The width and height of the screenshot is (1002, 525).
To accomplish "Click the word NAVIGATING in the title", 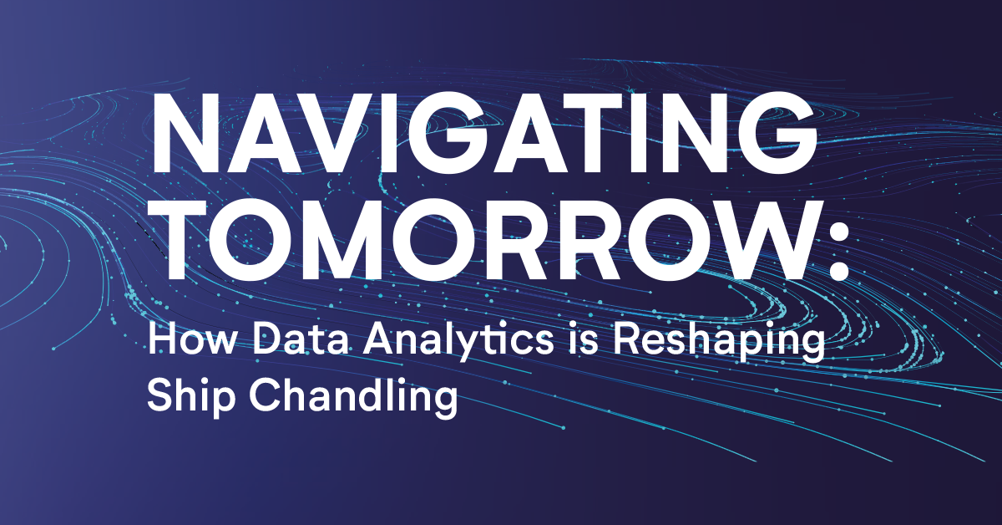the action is click(484, 133).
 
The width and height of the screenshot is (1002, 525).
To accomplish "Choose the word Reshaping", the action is click(719, 343).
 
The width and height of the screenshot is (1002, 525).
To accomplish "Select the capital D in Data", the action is click(267, 339).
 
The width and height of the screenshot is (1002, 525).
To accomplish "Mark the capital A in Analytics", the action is click(379, 339).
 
